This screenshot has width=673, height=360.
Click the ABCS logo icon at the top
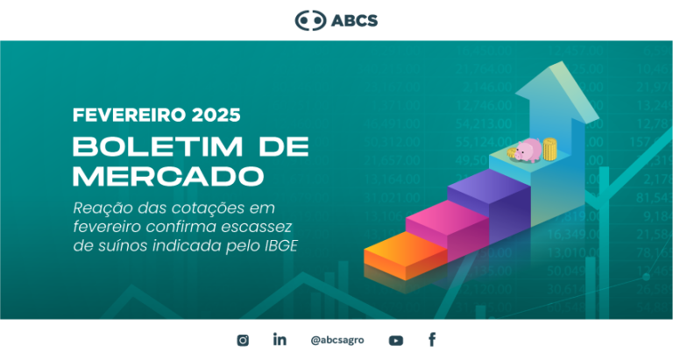click(x=310, y=20)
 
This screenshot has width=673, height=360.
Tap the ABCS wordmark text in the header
click(x=355, y=21)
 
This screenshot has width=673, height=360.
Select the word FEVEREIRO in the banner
click(x=129, y=115)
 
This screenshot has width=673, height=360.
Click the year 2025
click(x=216, y=115)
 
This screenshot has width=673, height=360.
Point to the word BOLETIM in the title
click(x=158, y=147)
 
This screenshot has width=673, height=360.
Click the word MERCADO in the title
click(x=168, y=176)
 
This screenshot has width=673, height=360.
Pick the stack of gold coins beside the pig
click(x=549, y=149)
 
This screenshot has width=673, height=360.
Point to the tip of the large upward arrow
click(x=561, y=62)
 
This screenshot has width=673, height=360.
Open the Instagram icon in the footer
click(x=243, y=340)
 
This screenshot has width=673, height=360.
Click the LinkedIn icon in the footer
click(x=280, y=339)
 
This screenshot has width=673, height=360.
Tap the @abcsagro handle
click(x=337, y=340)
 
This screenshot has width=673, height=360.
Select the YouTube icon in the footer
click(x=396, y=341)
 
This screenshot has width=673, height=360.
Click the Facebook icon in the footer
click(x=432, y=339)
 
